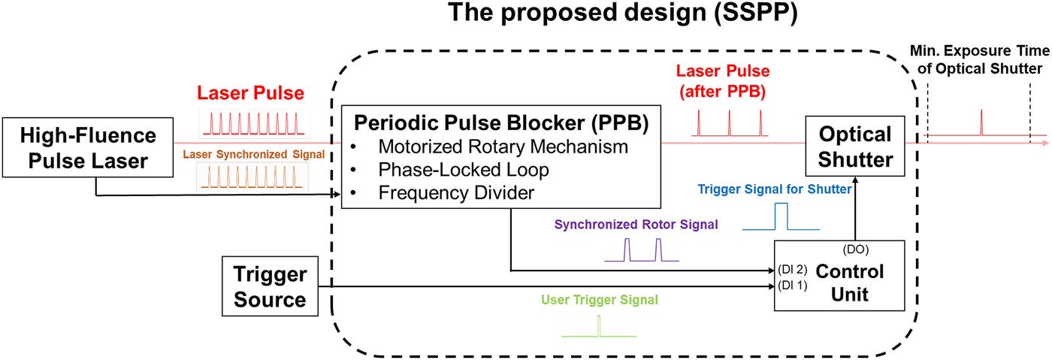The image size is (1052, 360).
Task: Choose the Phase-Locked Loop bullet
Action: tap(464, 169)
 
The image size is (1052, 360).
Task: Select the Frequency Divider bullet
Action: tap(456, 192)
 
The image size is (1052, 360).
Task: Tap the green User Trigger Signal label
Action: tap(599, 299)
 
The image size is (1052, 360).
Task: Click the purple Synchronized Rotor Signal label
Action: tap(636, 223)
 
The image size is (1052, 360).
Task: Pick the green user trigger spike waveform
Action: tap(599, 327)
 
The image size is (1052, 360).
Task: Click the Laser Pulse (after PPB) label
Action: tap(729, 82)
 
